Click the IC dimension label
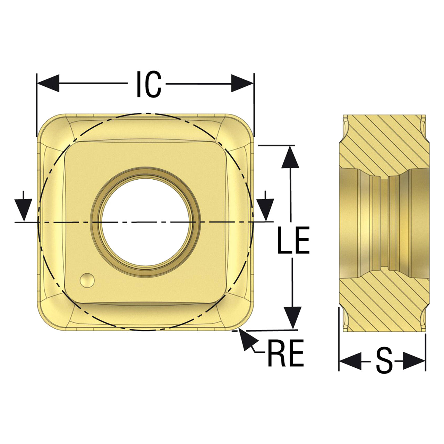point(149,84)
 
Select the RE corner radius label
point(286,359)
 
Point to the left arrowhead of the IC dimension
point(48,83)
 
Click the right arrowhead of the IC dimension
point(242,83)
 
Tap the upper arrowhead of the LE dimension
point(290,157)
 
